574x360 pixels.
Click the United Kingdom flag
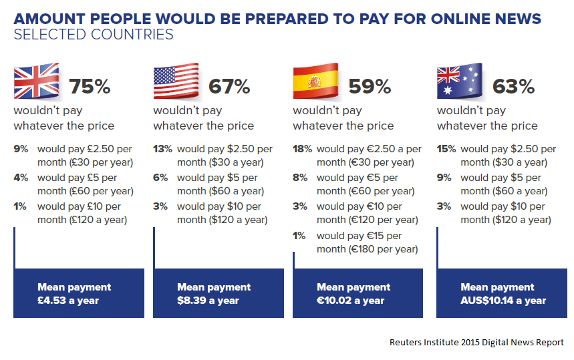[37, 81]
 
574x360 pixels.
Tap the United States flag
[176, 81]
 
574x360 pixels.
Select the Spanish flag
[315, 81]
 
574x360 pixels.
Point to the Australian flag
[460, 81]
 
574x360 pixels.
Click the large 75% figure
[90, 86]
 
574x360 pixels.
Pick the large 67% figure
[229, 86]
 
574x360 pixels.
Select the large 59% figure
[370, 86]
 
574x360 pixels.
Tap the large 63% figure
[513, 86]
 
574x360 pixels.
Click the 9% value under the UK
[21, 150]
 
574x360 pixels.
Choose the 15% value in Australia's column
[446, 150]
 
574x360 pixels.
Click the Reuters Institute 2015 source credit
[476, 342]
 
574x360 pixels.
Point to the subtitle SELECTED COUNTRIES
[94, 34]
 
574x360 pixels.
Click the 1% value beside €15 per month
[299, 236]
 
